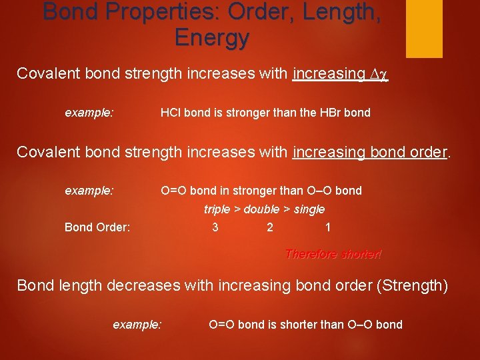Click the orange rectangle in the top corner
click(x=425, y=28)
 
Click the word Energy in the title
click(x=212, y=37)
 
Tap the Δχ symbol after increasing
click(x=379, y=73)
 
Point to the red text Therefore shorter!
click(x=333, y=254)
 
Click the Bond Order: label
click(x=97, y=227)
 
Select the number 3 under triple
click(x=215, y=227)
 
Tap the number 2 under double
click(x=269, y=227)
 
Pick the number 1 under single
click(x=327, y=227)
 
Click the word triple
click(x=217, y=209)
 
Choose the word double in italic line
click(x=262, y=209)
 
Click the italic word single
click(x=309, y=209)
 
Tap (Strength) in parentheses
click(x=412, y=285)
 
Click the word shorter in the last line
click(x=297, y=325)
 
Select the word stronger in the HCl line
click(x=224, y=113)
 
